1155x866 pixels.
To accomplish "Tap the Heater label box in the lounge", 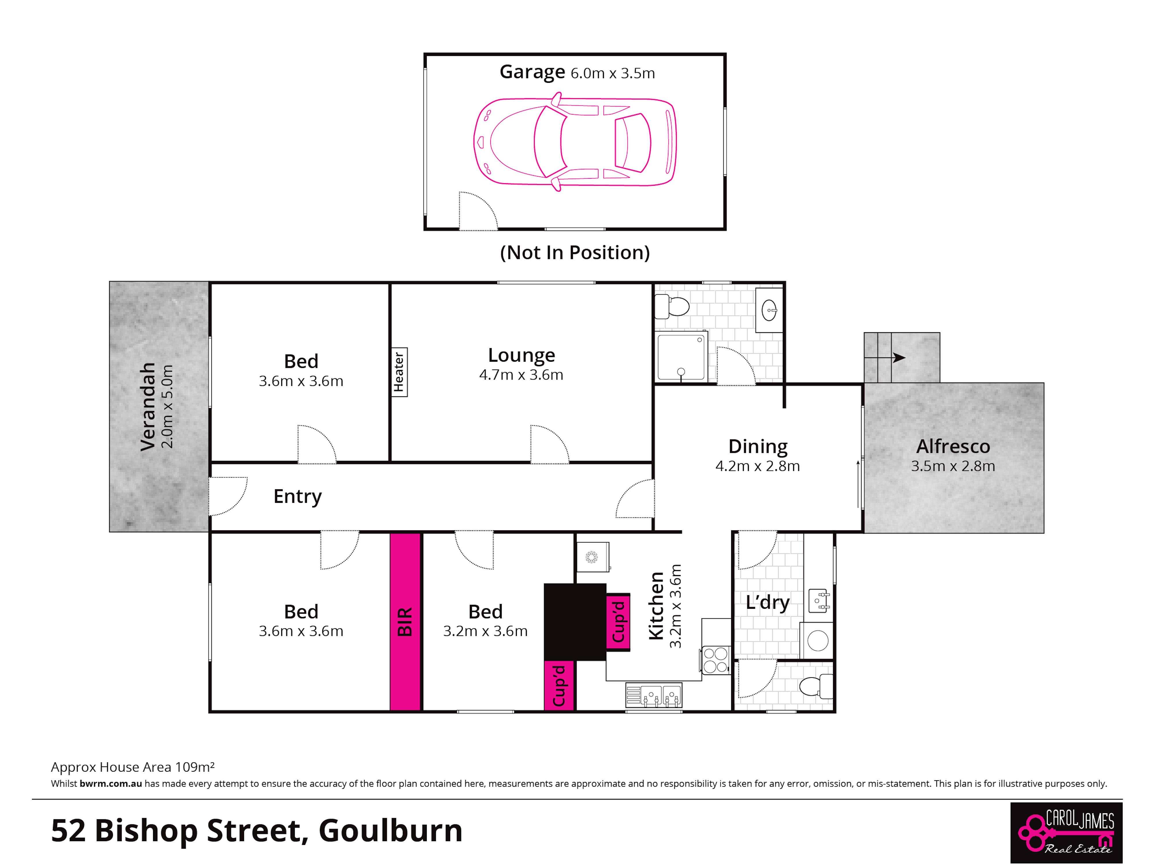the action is [x=399, y=372].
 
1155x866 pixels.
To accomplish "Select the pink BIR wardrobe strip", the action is [x=405, y=622].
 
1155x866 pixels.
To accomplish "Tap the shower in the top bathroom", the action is [x=681, y=357].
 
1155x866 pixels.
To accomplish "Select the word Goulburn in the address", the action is [x=391, y=830].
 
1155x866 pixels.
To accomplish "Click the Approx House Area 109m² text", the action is [x=133, y=767].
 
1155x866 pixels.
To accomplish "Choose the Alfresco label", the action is [x=953, y=446].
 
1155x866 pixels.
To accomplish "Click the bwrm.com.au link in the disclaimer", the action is [x=111, y=783].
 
